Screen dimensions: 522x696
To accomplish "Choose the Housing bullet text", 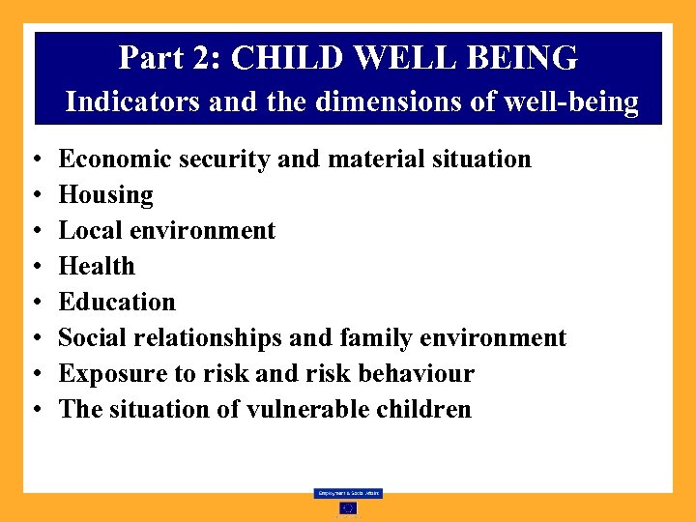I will pyautogui.click(x=105, y=195).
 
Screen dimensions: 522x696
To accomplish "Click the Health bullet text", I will pyautogui.click(x=97, y=266).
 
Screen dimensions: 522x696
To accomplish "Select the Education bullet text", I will pyautogui.click(x=117, y=302).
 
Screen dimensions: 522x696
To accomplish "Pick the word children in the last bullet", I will pyautogui.click(x=423, y=409).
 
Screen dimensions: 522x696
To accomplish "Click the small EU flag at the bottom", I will pyautogui.click(x=348, y=507).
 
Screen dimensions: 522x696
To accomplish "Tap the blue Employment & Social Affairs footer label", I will pyautogui.click(x=348, y=493).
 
